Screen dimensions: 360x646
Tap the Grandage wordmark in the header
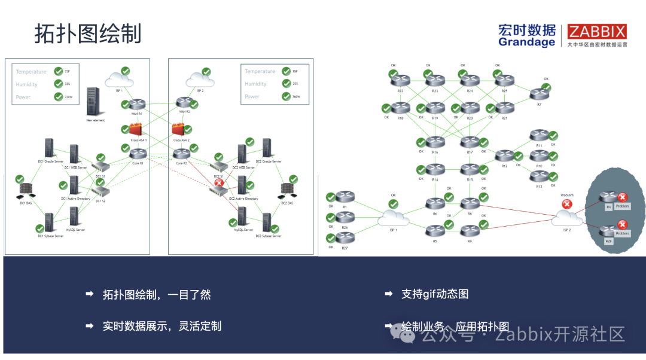click(526, 42)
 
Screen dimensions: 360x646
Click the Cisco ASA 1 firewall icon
click(136, 129)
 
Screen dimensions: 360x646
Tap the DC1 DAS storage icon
click(26, 190)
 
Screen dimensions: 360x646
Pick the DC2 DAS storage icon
click(287, 191)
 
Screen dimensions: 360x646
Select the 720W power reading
click(68, 97)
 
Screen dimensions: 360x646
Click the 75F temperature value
click(295, 71)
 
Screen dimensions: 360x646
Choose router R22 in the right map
click(401, 80)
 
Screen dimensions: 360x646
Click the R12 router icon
click(505, 156)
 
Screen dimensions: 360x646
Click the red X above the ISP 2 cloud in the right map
click(566, 204)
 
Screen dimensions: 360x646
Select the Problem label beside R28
click(623, 233)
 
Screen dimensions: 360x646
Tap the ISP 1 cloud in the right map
click(393, 218)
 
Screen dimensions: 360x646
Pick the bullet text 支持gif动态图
click(435, 294)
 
